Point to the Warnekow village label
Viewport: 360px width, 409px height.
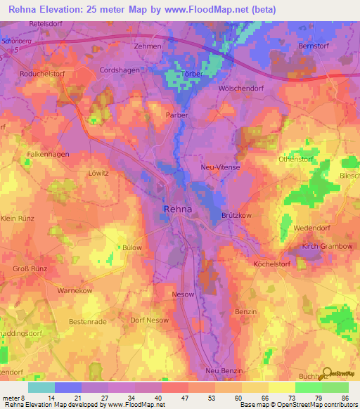point(75,290)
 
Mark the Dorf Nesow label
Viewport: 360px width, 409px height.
point(149,320)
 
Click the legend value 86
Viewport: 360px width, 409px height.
point(344,398)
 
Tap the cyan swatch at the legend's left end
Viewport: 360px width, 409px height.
point(41,387)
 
